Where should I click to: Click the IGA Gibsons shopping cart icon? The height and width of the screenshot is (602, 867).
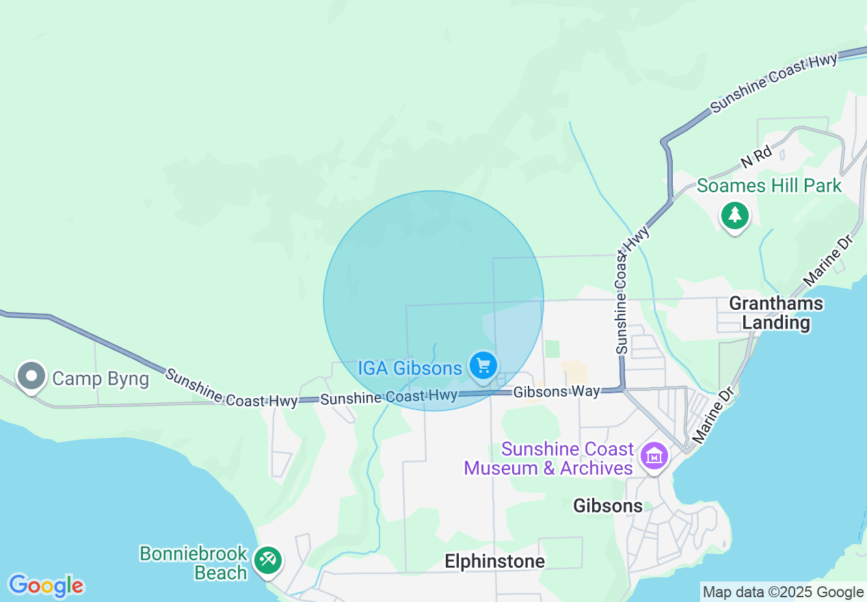483,365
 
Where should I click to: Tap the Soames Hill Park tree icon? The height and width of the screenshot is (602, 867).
734,215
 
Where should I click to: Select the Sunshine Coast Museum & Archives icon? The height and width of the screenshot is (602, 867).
654,454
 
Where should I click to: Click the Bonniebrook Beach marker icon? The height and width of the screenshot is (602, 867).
267,560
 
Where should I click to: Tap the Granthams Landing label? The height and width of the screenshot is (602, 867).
776,313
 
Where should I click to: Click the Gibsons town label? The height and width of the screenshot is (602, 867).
608,506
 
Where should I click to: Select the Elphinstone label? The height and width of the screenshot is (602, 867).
494,562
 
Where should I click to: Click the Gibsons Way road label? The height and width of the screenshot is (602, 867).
557,392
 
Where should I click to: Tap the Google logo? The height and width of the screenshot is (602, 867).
46,586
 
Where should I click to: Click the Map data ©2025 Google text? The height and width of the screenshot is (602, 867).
783,592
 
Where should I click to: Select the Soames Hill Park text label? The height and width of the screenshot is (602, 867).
769,185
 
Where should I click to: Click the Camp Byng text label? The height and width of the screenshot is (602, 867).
101,378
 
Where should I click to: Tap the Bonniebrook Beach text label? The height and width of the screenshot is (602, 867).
193,562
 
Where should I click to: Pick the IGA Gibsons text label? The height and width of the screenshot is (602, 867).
410,368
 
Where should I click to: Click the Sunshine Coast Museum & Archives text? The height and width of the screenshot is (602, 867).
549,458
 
